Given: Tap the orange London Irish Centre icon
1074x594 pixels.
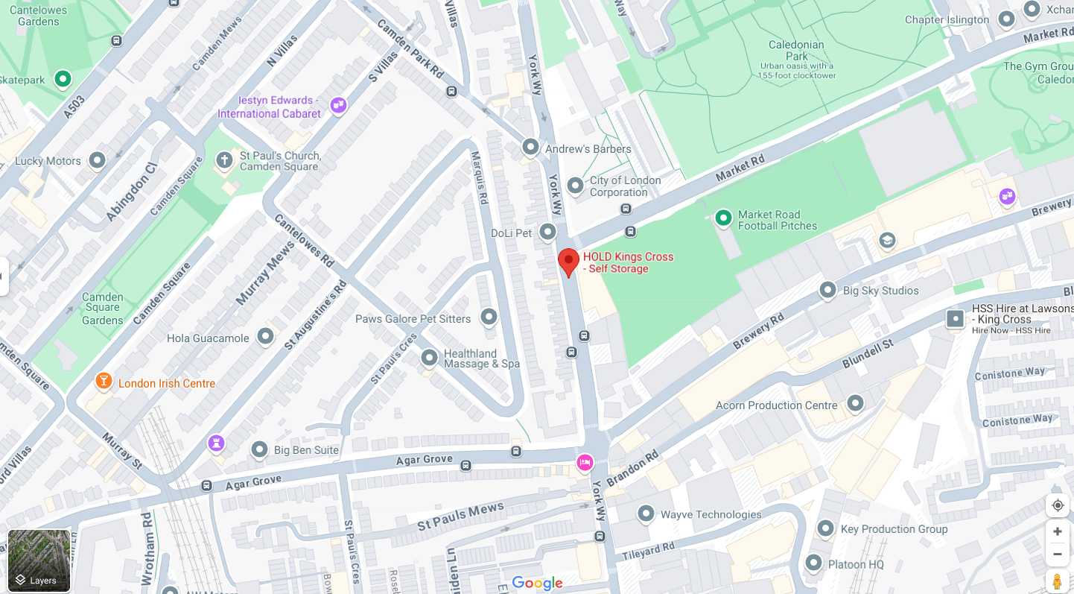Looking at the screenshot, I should pos(104,382).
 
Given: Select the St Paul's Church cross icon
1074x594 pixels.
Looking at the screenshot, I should pos(224,159).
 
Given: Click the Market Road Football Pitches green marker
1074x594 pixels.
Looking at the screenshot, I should pos(723,218).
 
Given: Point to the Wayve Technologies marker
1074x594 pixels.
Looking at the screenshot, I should pos(646,514).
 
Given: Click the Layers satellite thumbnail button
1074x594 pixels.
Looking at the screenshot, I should pos(39,560).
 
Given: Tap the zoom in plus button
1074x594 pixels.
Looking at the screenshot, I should pos(1057,531).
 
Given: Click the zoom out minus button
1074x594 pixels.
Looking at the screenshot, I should pos(1057,554).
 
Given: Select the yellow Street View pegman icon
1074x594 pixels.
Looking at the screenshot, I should pos(1057,581).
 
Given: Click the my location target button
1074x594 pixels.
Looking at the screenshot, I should pos(1057,505).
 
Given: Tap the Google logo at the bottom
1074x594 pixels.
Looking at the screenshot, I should pos(537,583).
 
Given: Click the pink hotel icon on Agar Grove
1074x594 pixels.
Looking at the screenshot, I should pos(585,463).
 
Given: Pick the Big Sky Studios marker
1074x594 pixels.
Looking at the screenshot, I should pos(827,290).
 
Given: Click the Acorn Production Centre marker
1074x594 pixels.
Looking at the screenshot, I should pos(855,403).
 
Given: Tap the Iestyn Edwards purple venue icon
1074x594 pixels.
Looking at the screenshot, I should pos(338,105).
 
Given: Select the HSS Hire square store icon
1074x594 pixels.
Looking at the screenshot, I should pos(955,319).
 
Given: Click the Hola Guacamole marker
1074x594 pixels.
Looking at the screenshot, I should pos(266,336).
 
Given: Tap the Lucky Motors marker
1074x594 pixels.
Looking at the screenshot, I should pos(97,159).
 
